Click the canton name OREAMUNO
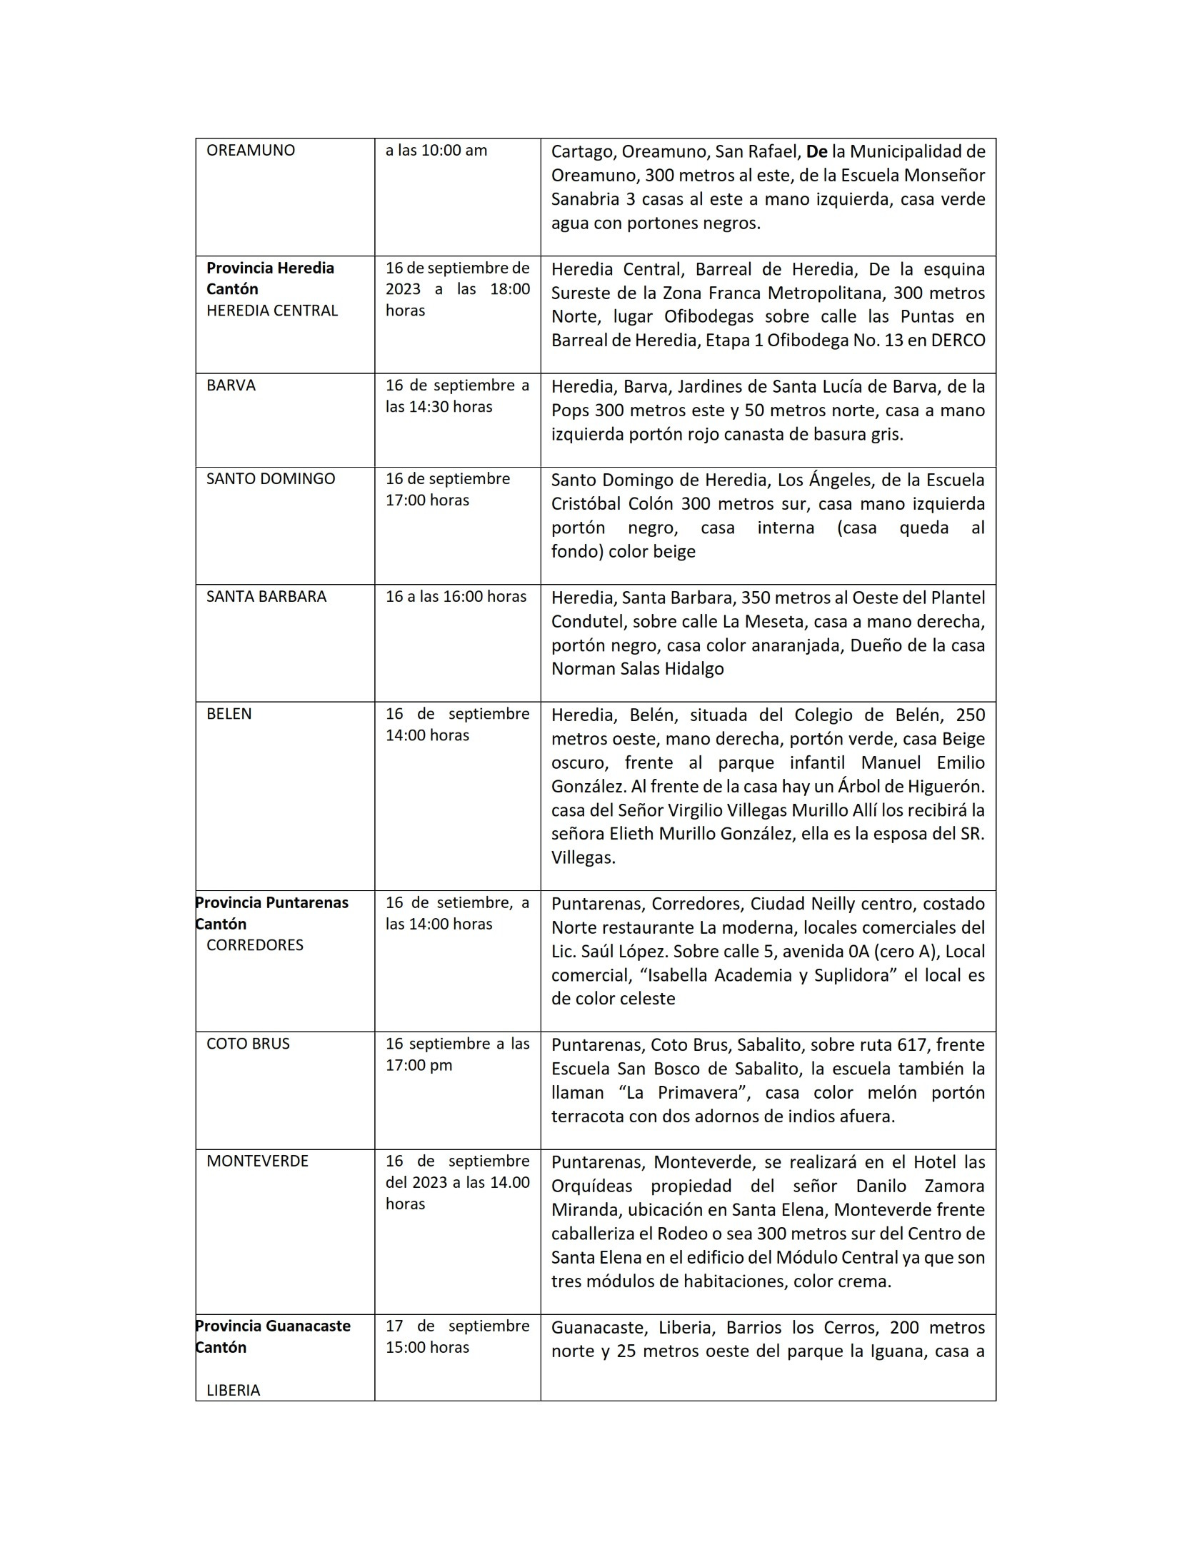click(x=250, y=151)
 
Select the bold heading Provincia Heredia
click(x=270, y=268)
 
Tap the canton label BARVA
click(x=231, y=385)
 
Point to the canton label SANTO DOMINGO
click(x=271, y=479)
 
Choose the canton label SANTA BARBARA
click(x=266, y=597)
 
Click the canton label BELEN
click(x=229, y=714)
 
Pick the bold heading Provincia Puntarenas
click(x=272, y=902)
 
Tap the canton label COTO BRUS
click(x=248, y=1044)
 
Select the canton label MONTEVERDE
click(x=257, y=1161)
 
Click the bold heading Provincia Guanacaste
click(x=273, y=1326)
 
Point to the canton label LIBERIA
click(x=233, y=1390)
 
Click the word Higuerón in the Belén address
click(x=948, y=787)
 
